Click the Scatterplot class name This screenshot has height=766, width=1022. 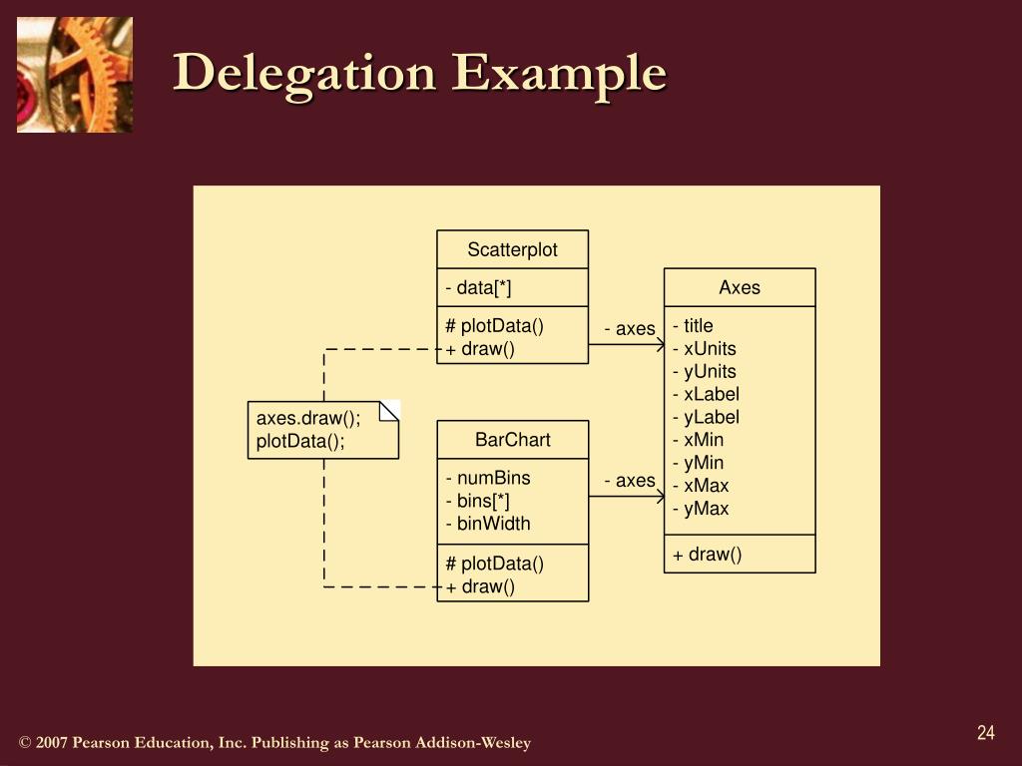pos(512,249)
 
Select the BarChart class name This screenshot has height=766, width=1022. pos(512,440)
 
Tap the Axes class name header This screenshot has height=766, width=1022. pos(740,287)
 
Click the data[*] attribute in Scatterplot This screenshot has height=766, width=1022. pos(478,288)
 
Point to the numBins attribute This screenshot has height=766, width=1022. pos(488,478)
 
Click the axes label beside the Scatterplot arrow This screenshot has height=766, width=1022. pos(630,329)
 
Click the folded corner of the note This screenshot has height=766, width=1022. pos(390,410)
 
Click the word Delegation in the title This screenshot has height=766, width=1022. pos(305,74)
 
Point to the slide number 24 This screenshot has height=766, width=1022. pos(986,734)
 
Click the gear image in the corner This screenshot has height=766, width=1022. pos(75,75)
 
